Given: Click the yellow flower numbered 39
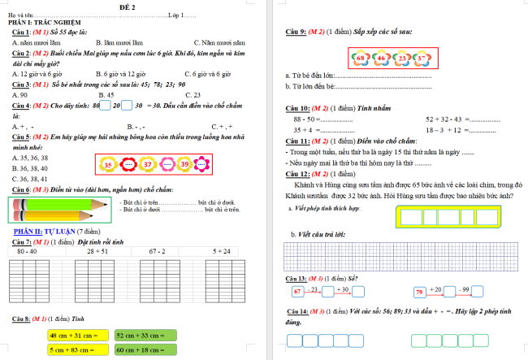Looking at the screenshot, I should tap(184, 165).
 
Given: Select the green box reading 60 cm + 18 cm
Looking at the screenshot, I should tap(145, 349).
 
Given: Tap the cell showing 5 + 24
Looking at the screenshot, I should tap(221, 252).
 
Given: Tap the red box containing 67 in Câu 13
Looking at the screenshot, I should tap(298, 291).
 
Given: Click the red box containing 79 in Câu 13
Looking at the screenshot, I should tap(420, 291).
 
